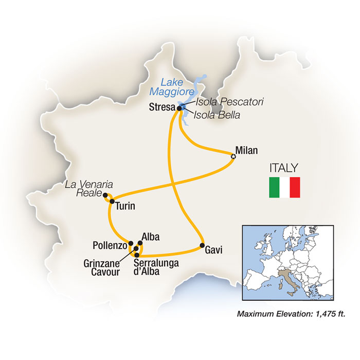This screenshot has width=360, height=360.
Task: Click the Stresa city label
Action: pos(160,109)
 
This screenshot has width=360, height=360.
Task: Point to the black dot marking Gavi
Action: pos(203,245)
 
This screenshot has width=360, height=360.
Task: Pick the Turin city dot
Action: pos(112,201)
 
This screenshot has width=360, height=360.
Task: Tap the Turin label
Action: pos(125,207)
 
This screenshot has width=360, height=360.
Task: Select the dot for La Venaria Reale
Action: pos(105,195)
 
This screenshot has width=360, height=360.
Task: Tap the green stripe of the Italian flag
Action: pos(274,188)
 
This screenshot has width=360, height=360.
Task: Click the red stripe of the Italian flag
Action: pos(294,188)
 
